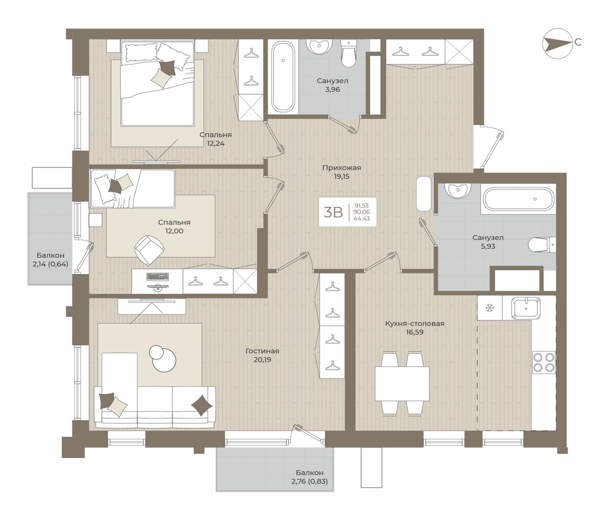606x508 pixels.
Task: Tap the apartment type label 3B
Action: [333, 212]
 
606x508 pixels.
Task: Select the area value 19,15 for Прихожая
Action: [342, 176]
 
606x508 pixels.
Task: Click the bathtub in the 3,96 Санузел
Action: [283, 76]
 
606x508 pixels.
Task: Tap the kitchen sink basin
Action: [526, 308]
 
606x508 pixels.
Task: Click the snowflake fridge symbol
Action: [490, 307]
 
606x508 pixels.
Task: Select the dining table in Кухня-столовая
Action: [402, 383]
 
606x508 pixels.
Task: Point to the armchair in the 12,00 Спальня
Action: [150, 250]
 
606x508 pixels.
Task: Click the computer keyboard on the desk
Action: [158, 277]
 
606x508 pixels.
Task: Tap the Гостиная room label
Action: [262, 351]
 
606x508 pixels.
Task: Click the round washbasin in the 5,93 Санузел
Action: [457, 190]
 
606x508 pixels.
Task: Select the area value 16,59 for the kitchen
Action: [415, 333]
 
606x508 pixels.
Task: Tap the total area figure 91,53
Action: [362, 205]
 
